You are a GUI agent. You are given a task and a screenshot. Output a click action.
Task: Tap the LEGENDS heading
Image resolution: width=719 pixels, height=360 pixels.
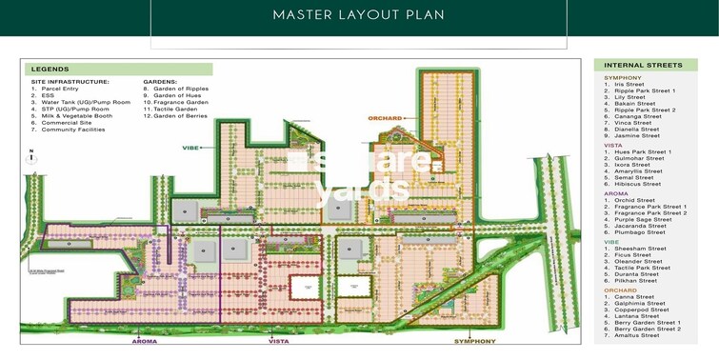[x=50, y=70]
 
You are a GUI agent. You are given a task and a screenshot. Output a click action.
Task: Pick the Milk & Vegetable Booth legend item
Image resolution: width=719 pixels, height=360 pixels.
[x=75, y=115]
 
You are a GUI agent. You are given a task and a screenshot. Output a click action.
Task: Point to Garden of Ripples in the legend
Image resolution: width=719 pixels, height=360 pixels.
[x=181, y=89]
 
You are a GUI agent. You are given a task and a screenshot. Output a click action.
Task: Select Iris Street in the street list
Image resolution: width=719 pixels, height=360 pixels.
[x=629, y=84]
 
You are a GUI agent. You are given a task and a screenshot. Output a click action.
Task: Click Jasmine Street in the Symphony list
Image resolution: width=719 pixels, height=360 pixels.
[x=636, y=136]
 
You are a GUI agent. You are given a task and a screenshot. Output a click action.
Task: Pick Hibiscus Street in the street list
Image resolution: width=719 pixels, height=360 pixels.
[x=637, y=185]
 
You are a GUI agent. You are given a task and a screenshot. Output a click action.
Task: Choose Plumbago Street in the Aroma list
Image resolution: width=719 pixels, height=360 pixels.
[x=639, y=232]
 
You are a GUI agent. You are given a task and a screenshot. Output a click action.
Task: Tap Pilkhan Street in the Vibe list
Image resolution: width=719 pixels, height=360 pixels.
[x=635, y=281]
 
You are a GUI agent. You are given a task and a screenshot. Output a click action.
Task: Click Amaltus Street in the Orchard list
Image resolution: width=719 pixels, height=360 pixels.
[x=636, y=335]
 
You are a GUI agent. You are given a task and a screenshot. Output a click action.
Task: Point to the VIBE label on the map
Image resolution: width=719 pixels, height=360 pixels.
[x=190, y=148]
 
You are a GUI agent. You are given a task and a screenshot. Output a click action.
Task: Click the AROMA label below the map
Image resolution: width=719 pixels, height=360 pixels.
[x=144, y=341]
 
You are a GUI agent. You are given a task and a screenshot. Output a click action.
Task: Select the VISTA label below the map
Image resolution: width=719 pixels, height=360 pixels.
[x=278, y=341]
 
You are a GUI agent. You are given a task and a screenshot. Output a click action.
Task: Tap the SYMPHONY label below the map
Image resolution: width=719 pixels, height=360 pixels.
[x=474, y=341]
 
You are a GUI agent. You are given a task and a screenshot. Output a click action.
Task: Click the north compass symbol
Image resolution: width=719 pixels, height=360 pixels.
[x=31, y=158]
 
